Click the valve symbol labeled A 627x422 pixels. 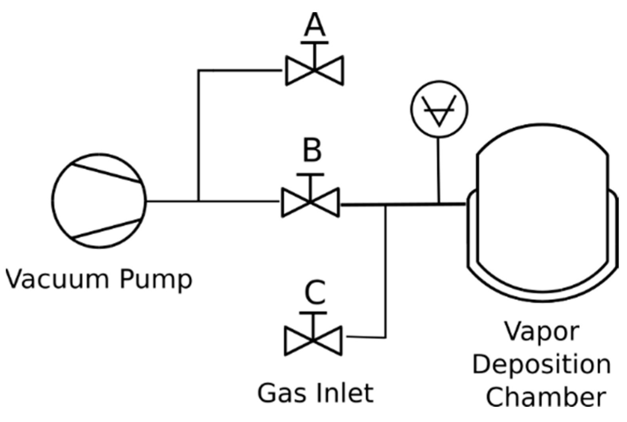pos(315,70)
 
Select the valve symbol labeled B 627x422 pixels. pos(310,202)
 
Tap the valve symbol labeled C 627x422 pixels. pos(313,340)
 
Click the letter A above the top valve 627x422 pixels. pos(315,25)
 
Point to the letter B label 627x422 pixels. pos(312,150)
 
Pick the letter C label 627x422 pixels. pos(315,293)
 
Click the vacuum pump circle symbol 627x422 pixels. pos(99,201)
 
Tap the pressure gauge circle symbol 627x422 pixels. pos(439,109)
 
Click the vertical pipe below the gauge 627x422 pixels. pos(439,170)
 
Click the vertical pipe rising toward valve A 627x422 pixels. pos(198,135)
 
